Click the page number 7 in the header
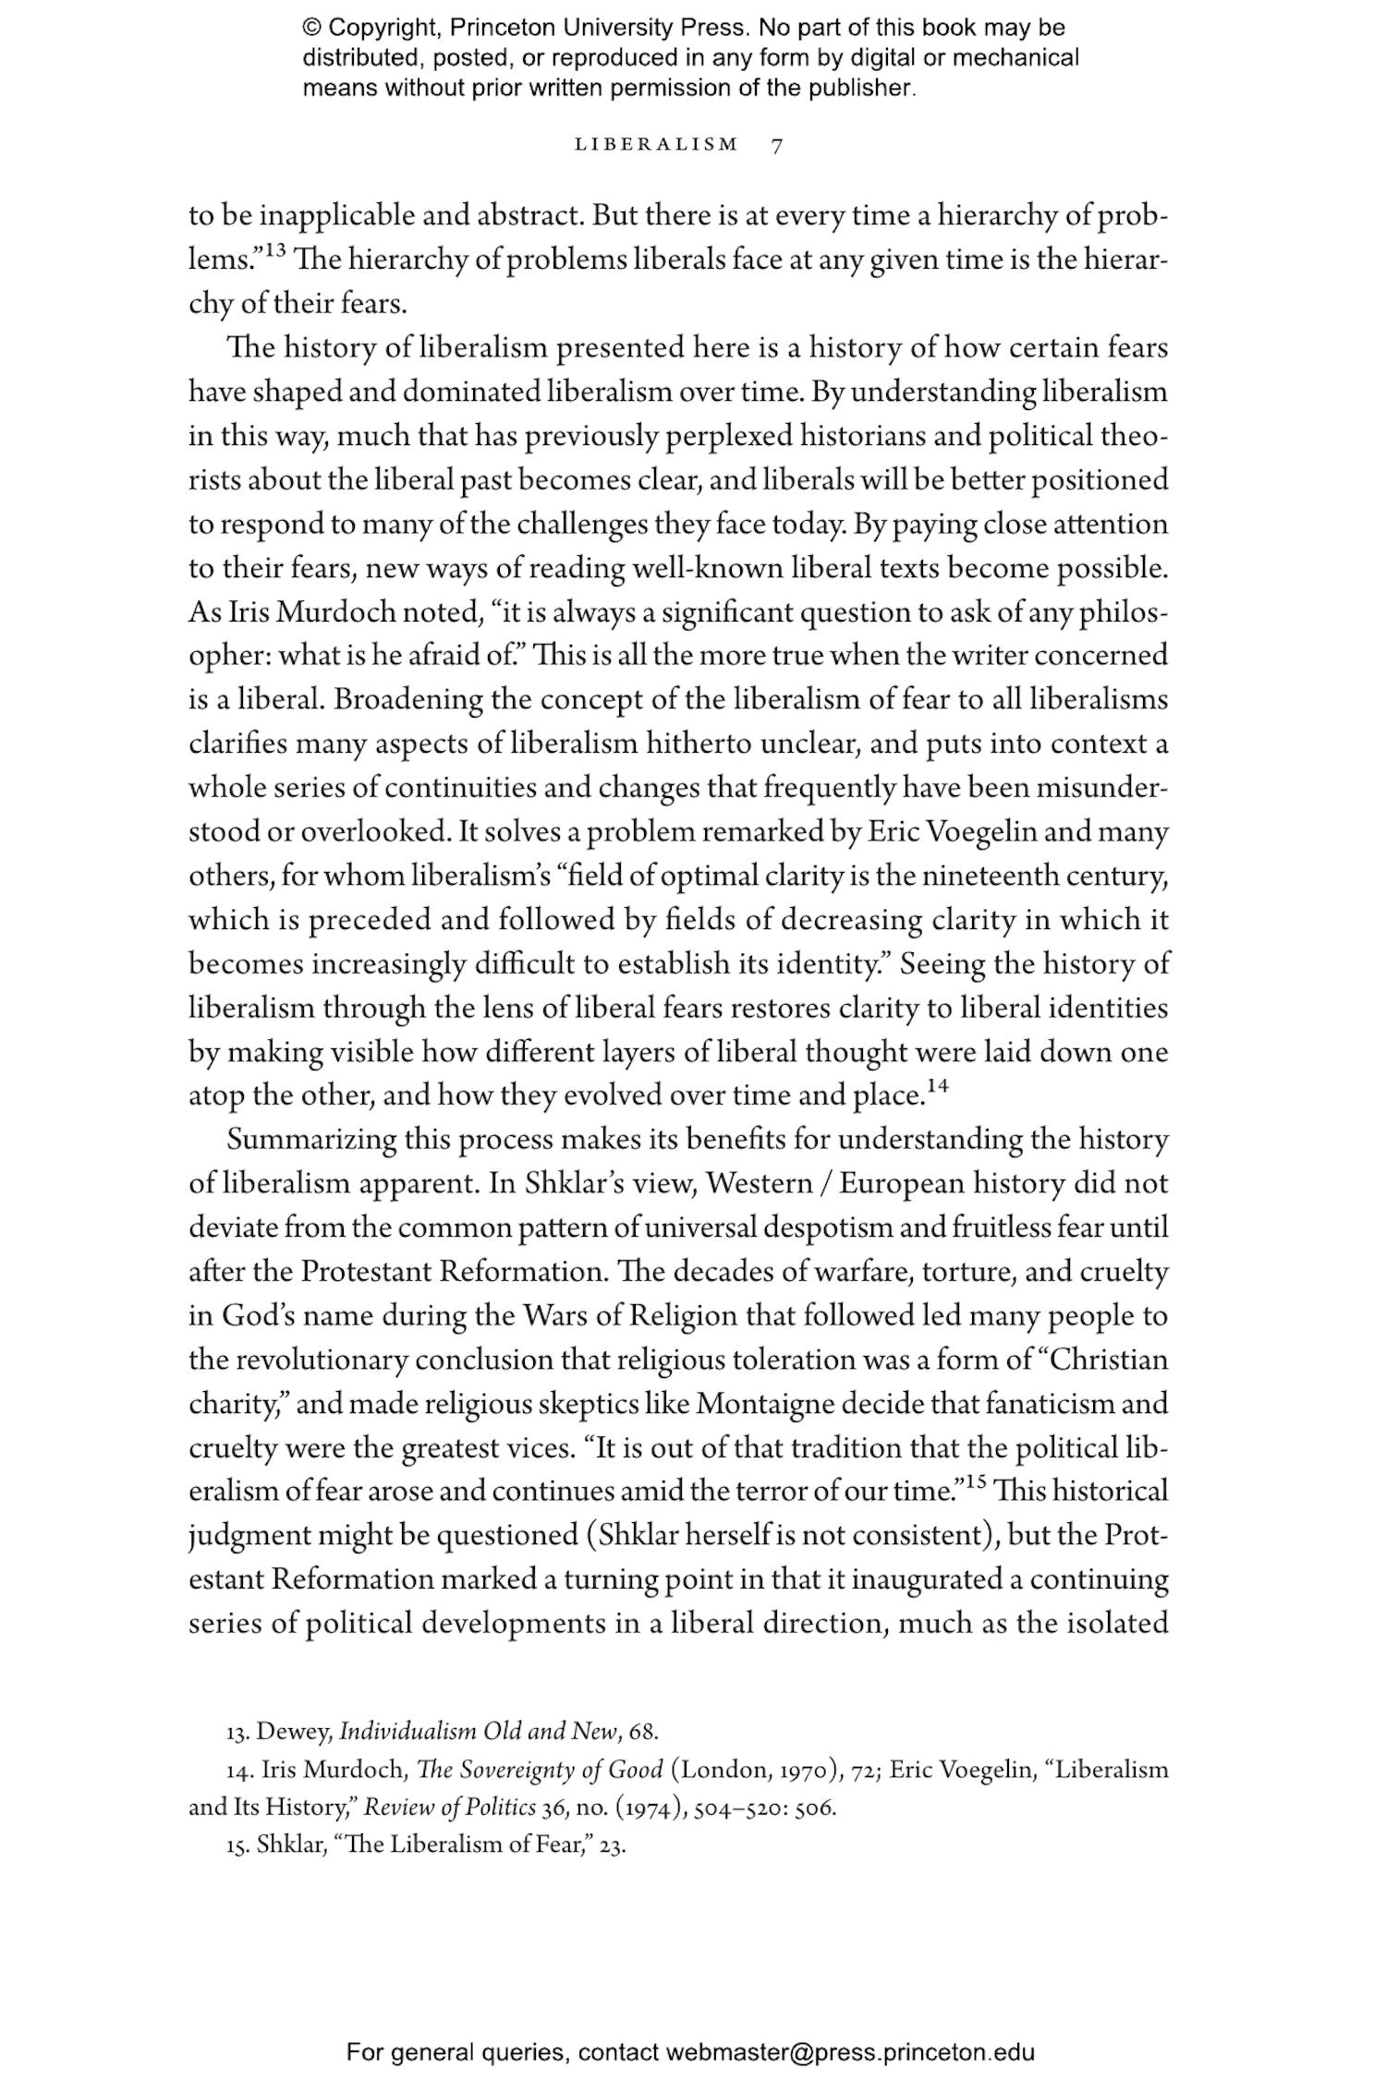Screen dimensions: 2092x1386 coord(777,145)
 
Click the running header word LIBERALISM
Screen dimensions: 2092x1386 coord(657,145)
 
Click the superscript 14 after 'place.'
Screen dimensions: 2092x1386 coord(938,1086)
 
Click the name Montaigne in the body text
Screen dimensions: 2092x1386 coord(766,1405)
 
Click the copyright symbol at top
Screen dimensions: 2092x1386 coord(311,29)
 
